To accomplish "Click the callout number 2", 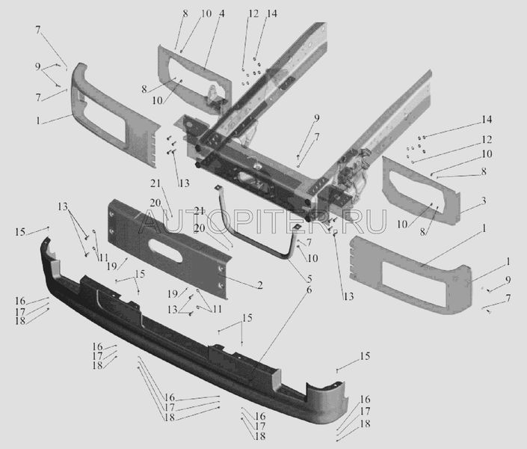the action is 260,285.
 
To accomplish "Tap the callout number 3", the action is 484,201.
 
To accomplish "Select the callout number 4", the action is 221,13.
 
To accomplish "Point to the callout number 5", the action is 309,278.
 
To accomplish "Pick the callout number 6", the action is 309,290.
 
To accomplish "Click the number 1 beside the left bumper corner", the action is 38,120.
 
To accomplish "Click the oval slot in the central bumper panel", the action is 167,251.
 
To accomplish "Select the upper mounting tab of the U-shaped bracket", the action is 218,187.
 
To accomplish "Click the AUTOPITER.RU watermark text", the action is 263,222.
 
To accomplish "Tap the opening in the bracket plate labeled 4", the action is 188,78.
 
